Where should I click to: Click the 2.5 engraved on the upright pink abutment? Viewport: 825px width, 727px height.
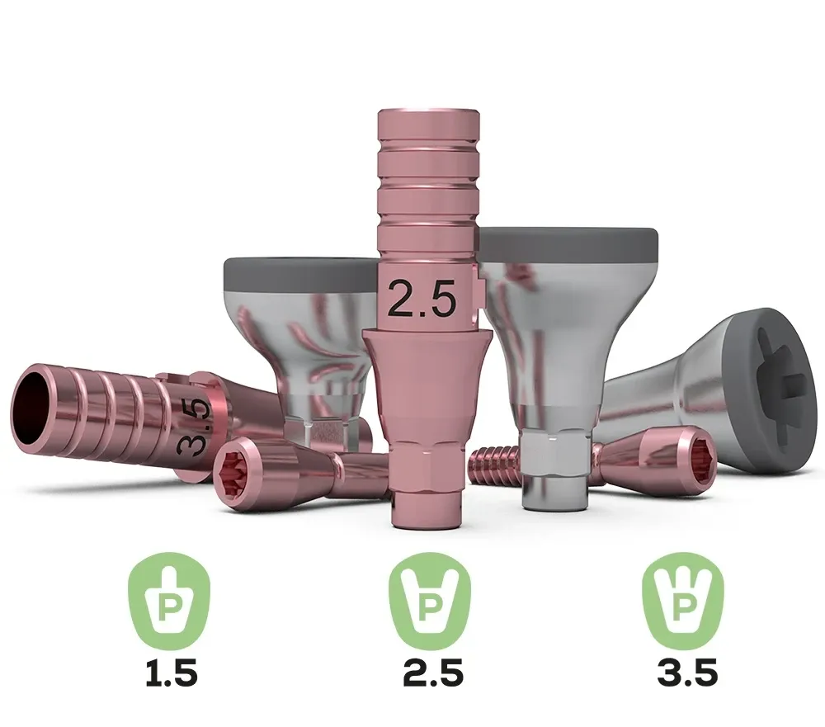pyautogui.click(x=422, y=299)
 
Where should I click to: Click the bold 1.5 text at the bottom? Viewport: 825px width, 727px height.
pyautogui.click(x=172, y=673)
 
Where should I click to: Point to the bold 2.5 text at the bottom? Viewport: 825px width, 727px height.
pyautogui.click(x=432, y=673)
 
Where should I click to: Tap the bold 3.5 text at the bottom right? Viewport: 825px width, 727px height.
pyautogui.click(x=687, y=673)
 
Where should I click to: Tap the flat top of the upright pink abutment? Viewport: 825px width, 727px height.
pyautogui.click(x=425, y=110)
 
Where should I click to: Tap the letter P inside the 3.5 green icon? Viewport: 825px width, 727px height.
pyautogui.click(x=683, y=607)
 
